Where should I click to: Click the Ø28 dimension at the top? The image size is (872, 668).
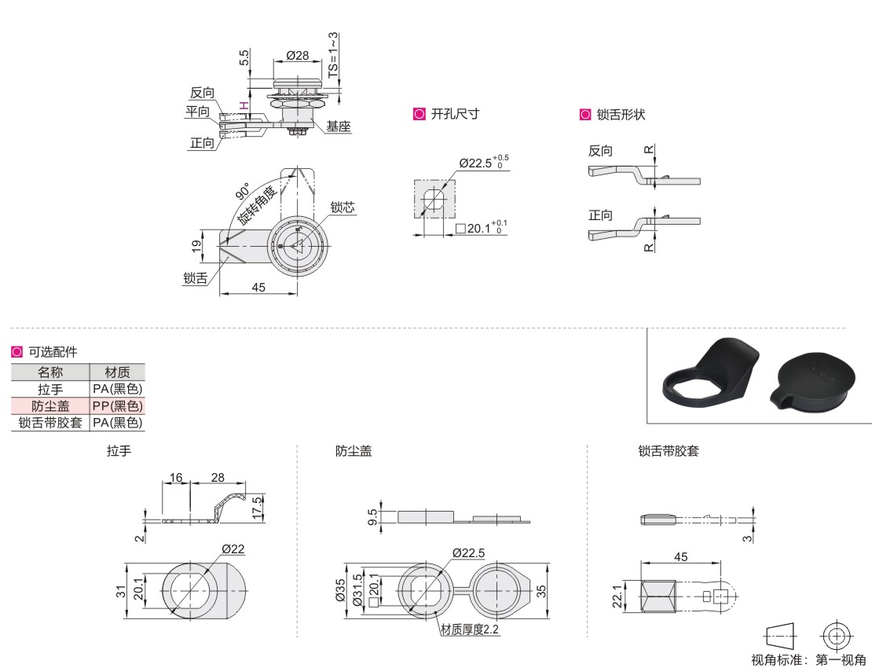[x=298, y=55]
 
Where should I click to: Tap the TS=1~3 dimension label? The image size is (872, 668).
[x=332, y=55]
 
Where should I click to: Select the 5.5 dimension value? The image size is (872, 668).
[x=244, y=58]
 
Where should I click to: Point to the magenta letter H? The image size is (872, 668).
[x=244, y=105]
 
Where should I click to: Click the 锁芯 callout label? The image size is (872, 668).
[x=343, y=207]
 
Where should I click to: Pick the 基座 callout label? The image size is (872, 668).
[x=339, y=127]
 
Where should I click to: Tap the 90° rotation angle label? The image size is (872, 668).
[x=243, y=191]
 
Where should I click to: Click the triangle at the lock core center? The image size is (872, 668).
[x=298, y=245]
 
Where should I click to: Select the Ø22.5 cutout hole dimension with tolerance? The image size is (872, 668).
[x=484, y=162]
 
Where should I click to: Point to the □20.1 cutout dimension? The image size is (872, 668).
[x=482, y=227]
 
